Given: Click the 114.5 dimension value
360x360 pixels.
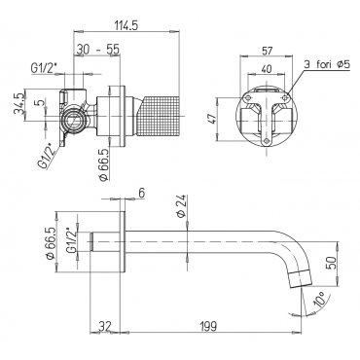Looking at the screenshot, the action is pos(126,25).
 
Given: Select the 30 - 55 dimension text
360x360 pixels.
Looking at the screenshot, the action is pos(98,50).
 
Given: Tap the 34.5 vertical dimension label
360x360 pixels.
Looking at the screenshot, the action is pos(18,104).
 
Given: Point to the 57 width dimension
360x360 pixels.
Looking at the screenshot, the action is pos(267,51).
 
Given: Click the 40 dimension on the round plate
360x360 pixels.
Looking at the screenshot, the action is pos(267,69).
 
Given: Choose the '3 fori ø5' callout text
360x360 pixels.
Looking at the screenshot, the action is pos(327,64).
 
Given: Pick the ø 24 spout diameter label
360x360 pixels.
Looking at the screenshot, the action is pos(182,206).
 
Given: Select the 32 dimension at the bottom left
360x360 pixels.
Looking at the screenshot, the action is pos(104,325).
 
